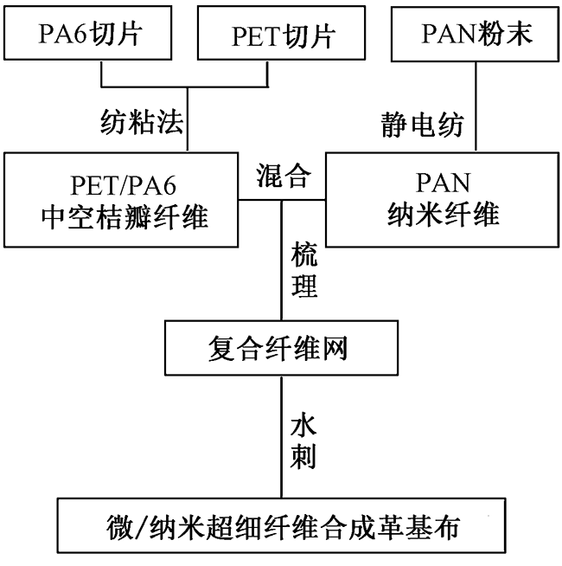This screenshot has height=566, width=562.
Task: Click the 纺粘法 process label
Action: (142, 123)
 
